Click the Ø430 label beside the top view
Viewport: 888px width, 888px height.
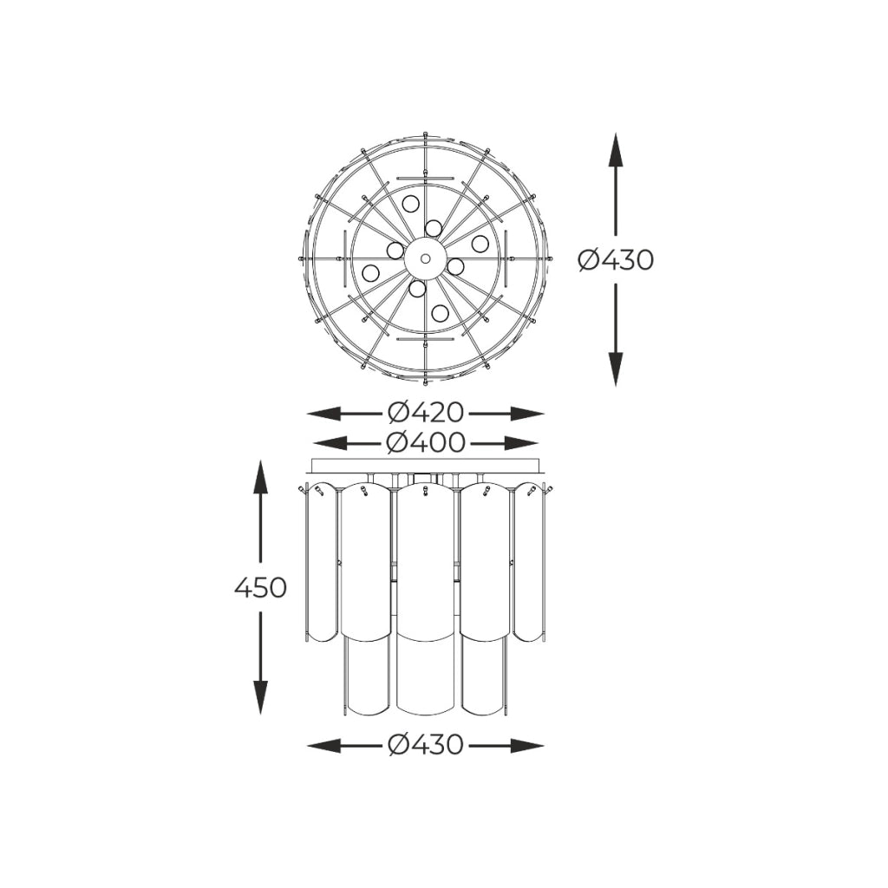pos(617,260)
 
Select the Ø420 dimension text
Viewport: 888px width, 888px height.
pos(426,413)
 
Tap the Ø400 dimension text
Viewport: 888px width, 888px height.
pos(426,442)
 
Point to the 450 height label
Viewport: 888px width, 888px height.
pos(260,588)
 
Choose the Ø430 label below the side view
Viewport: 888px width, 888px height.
pos(426,745)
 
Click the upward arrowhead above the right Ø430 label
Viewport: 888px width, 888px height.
pos(616,150)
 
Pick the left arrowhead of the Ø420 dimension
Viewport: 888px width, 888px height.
pos(324,414)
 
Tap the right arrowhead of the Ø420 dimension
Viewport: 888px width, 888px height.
pos(527,414)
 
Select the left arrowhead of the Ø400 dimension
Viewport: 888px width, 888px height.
pos(330,443)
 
